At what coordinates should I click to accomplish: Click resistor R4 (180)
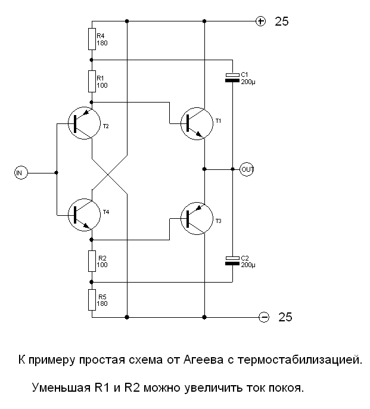(x=92, y=39)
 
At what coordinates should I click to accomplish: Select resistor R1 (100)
(x=92, y=80)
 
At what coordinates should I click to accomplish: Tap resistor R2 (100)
(x=92, y=260)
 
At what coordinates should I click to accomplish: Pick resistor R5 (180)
(x=92, y=299)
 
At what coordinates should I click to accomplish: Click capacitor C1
(x=232, y=78)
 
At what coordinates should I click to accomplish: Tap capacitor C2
(x=232, y=260)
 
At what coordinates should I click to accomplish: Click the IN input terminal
(x=20, y=173)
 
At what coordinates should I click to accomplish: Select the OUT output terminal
(x=247, y=169)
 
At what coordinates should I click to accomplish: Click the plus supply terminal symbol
(x=260, y=21)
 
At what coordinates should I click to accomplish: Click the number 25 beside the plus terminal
(x=281, y=22)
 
